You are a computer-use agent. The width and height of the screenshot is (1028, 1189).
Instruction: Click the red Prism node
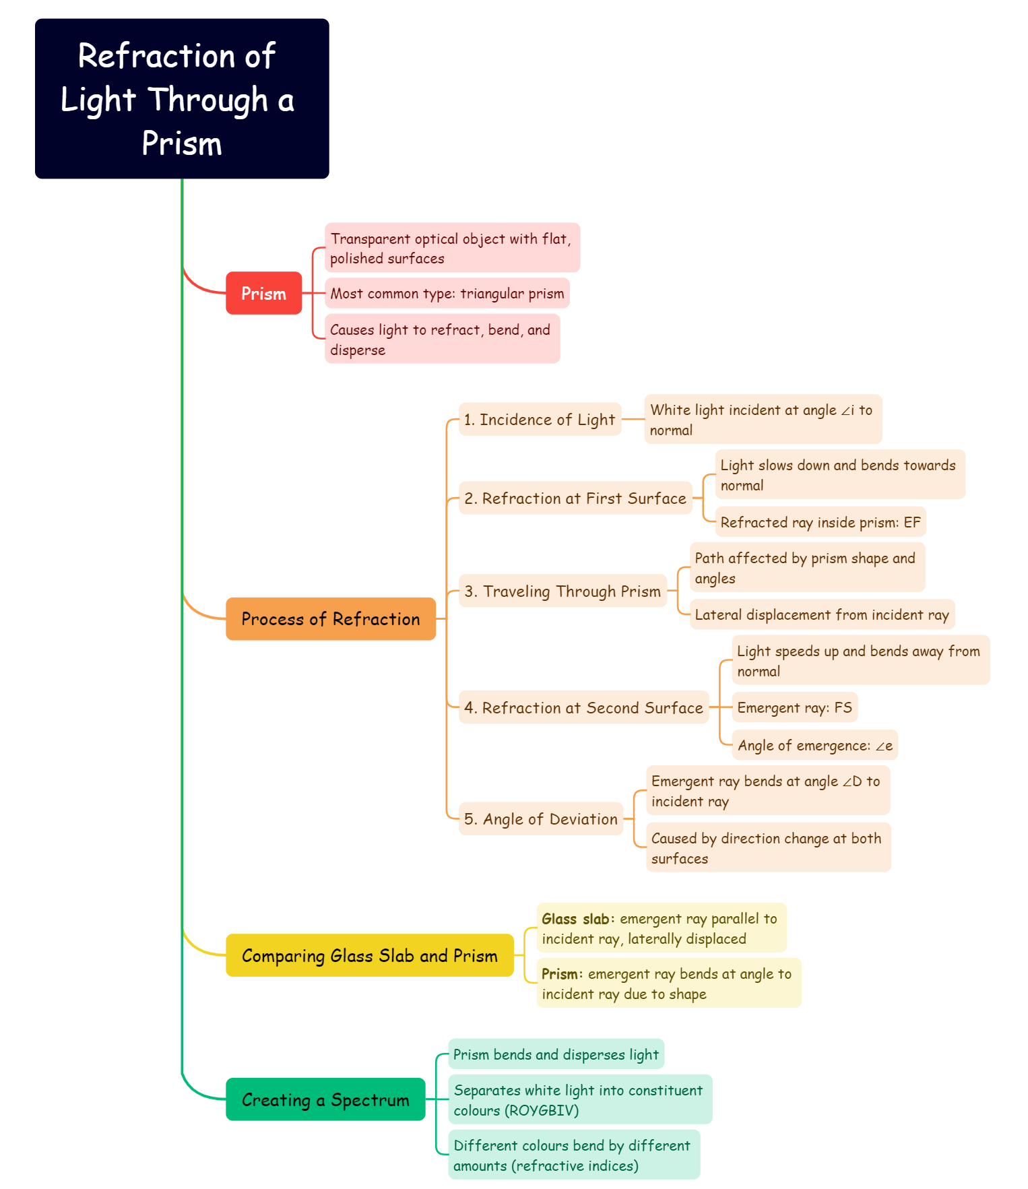[x=263, y=293]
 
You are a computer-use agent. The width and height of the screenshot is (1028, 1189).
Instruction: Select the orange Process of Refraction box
[x=330, y=618]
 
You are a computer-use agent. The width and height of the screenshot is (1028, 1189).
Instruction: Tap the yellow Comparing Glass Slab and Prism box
[x=369, y=955]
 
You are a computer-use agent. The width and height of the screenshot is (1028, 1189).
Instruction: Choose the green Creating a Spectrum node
[x=325, y=1099]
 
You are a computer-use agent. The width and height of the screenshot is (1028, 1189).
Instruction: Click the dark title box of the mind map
[x=182, y=99]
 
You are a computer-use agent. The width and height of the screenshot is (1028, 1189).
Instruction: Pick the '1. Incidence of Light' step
[x=540, y=420]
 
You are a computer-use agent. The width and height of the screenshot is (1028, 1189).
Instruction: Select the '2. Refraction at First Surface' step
[x=575, y=499]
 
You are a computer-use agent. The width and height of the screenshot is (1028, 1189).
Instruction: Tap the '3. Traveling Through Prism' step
[x=563, y=591]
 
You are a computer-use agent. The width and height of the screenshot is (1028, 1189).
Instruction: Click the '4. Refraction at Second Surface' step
[x=583, y=708]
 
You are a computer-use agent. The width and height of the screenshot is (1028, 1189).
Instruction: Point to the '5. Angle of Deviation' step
[x=541, y=819]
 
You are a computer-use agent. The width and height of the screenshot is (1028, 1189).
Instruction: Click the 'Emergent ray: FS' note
[x=794, y=707]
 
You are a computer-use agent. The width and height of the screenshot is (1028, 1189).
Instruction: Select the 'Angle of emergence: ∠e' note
[x=814, y=745]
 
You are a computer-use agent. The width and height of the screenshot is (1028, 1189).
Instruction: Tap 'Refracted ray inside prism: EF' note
[x=820, y=522]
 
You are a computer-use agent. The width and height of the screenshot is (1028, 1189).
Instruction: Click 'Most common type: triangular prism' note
[x=447, y=293]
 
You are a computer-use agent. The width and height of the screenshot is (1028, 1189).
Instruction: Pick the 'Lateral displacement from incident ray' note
[x=822, y=614]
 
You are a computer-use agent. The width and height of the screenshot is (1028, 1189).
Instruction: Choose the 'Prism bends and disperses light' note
[x=556, y=1054]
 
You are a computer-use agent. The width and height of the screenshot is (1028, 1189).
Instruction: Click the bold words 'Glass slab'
[x=575, y=919]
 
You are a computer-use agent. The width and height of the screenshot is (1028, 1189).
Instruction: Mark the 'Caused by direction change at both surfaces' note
[x=768, y=847]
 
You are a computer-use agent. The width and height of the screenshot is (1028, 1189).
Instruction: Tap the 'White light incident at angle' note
[x=763, y=419]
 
